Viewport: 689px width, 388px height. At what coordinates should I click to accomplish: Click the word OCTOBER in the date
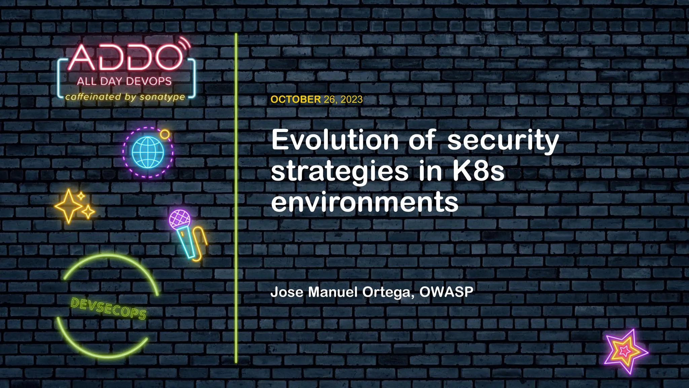(x=295, y=99)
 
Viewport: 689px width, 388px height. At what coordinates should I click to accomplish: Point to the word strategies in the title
(x=340, y=171)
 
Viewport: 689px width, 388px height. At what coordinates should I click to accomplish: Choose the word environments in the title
(x=365, y=202)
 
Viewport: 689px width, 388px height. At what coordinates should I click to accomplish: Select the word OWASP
(x=446, y=292)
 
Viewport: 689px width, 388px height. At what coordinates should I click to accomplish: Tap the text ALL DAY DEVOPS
(x=124, y=82)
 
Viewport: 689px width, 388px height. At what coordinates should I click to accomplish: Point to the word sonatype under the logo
(x=162, y=97)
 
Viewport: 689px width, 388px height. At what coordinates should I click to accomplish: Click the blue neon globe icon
(x=148, y=152)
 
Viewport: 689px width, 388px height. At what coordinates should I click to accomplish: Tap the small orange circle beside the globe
(x=165, y=134)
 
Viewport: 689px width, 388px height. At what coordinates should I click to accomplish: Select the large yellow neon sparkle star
(x=69, y=206)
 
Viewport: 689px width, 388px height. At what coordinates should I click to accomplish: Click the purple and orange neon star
(x=625, y=351)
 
